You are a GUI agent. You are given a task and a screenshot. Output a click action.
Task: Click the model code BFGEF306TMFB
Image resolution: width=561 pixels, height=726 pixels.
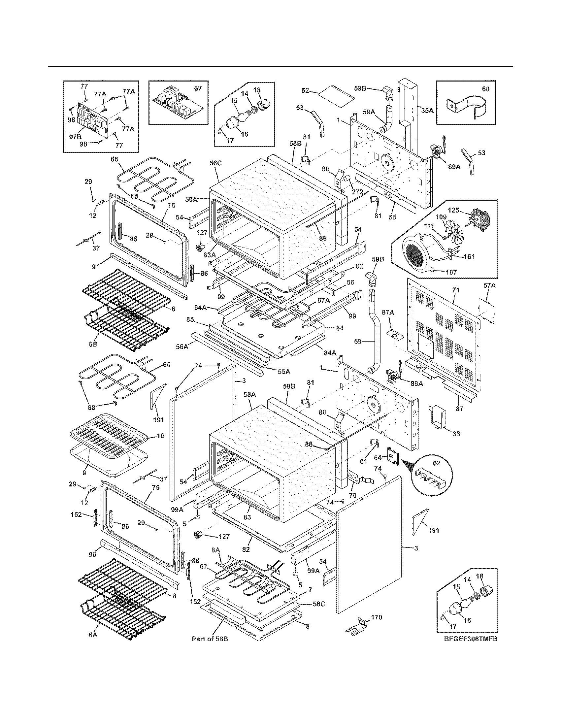coord(471,648)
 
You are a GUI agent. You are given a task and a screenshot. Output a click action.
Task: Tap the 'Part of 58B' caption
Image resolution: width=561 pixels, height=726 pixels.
coord(210,648)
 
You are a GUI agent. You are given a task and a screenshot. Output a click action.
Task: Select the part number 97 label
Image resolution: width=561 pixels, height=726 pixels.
coord(198,89)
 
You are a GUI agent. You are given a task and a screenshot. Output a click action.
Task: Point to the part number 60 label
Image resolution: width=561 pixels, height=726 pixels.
coord(485,89)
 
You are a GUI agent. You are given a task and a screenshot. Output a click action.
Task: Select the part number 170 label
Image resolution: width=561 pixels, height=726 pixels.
coord(377,617)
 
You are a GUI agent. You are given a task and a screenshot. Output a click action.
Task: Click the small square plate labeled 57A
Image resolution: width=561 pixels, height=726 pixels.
coord(486,309)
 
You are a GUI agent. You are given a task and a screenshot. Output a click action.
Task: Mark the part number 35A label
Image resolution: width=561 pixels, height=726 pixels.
coord(427,110)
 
